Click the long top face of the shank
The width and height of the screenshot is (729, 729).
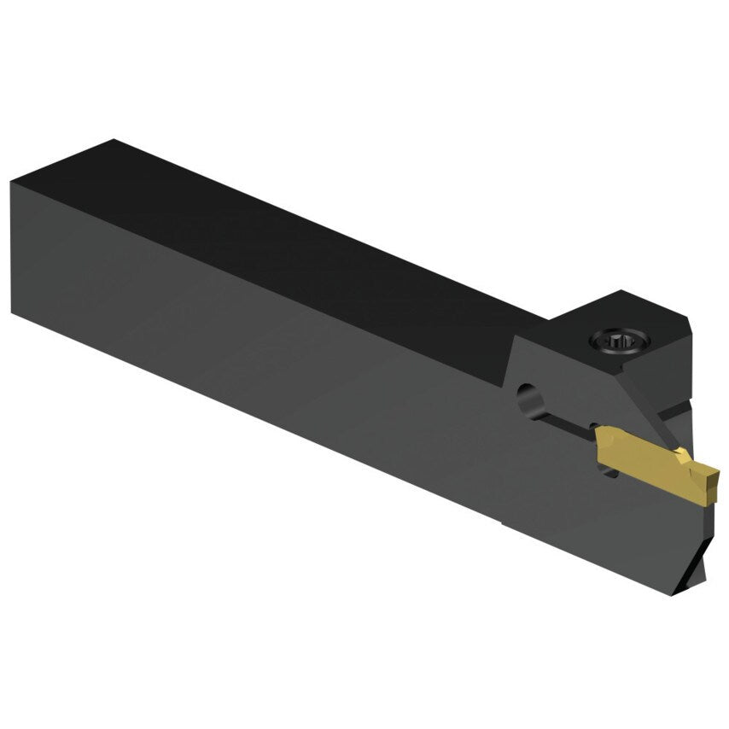coord(299,230)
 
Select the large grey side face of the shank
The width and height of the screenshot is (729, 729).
coord(256,359)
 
